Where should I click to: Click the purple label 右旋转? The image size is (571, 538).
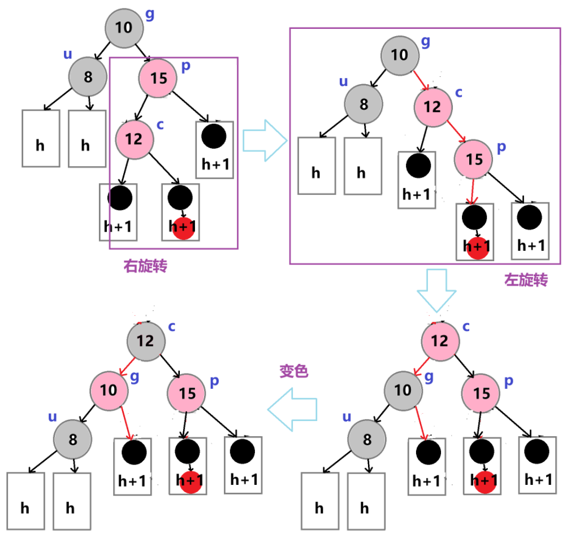[145, 267]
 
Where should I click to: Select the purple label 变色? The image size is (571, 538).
[294, 371]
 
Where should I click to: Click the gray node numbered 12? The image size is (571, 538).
[145, 341]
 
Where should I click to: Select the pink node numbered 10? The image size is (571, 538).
[109, 390]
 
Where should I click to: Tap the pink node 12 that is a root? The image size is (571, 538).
[439, 341]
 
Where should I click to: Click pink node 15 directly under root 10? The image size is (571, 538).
[159, 78]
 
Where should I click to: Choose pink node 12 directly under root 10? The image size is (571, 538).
[432, 106]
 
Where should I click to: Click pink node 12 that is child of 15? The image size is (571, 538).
[134, 138]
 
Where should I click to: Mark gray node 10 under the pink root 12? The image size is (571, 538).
[403, 390]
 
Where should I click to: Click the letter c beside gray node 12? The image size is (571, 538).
[172, 327]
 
